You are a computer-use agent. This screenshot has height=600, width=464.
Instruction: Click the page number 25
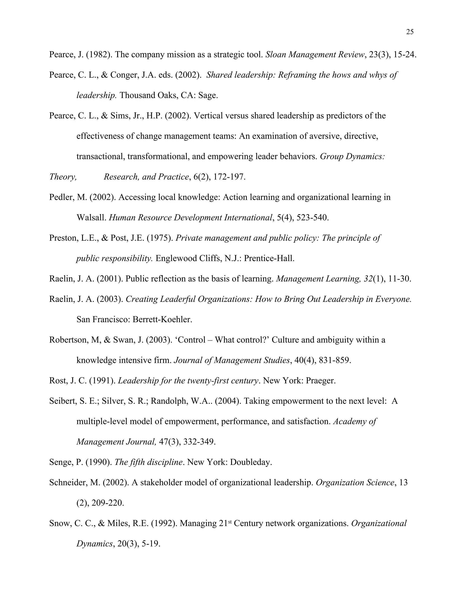tap(410, 32)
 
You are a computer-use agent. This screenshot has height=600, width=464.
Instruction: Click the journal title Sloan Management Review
tap(315, 55)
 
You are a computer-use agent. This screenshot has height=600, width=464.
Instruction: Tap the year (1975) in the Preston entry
tap(160, 238)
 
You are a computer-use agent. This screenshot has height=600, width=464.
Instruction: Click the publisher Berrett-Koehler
tap(162, 319)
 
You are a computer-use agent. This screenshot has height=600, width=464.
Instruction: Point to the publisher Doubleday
tap(251, 462)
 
